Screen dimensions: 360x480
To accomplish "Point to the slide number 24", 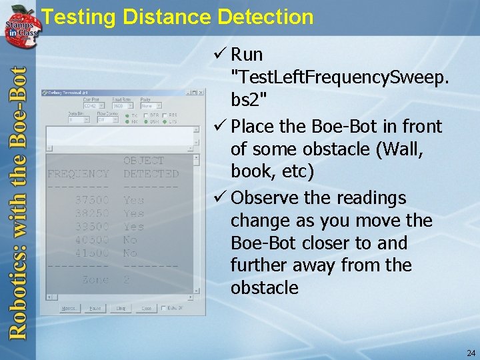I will pos(471,353).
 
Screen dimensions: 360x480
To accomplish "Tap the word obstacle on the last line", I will pos(264,288).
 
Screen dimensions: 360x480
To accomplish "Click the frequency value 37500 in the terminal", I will pos(92,200).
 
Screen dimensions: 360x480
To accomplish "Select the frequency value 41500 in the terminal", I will pos(92,253).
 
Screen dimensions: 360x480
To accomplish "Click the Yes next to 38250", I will pos(133,213).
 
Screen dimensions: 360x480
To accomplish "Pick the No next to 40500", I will pos(130,240).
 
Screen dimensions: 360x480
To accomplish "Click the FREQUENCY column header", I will pos(78,174).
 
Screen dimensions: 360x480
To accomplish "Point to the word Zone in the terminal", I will pos(95,280).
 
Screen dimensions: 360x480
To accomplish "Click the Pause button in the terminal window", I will pos(95,309).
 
